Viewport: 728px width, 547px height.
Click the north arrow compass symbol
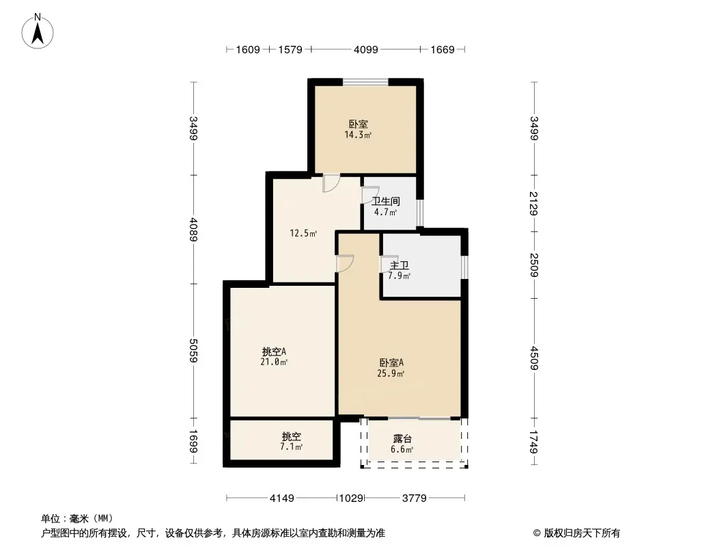pyautogui.click(x=38, y=31)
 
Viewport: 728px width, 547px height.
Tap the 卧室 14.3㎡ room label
pyautogui.click(x=358, y=130)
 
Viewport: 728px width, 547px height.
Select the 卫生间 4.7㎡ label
pyautogui.click(x=386, y=206)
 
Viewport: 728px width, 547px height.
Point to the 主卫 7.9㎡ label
pyautogui.click(x=400, y=271)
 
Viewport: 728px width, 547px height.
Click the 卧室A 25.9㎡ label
pyautogui.click(x=391, y=368)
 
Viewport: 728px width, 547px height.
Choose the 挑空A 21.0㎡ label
pyautogui.click(x=274, y=356)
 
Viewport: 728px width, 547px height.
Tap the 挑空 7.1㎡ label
pyautogui.click(x=291, y=442)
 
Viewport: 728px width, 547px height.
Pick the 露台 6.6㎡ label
pyautogui.click(x=402, y=444)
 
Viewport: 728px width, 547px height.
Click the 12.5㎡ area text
pyautogui.click(x=303, y=233)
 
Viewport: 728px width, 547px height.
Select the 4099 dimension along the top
pyautogui.click(x=366, y=50)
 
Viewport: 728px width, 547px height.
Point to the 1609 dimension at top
pyautogui.click(x=248, y=50)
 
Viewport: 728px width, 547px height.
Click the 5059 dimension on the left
pyautogui.click(x=193, y=350)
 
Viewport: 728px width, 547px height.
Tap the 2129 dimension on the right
pyautogui.click(x=534, y=204)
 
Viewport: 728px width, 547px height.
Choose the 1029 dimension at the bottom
pyautogui.click(x=351, y=498)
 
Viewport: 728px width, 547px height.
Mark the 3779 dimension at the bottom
pyautogui.click(x=414, y=498)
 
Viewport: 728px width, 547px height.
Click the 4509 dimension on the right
pyautogui.click(x=534, y=358)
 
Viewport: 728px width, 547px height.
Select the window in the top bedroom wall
pyautogui.click(x=366, y=82)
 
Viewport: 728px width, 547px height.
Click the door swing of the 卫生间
pyautogui.click(x=371, y=195)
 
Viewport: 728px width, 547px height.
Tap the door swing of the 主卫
pyautogui.click(x=389, y=265)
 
